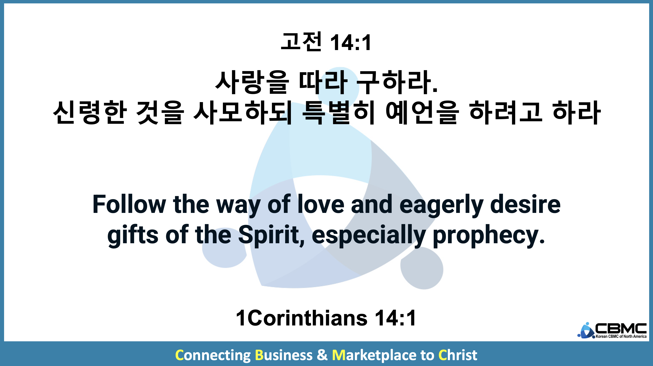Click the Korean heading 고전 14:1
coord(326,42)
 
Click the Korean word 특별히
coord(338,113)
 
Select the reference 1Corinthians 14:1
coord(326,318)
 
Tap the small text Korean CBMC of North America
coord(621,336)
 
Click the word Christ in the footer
coord(458,355)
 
